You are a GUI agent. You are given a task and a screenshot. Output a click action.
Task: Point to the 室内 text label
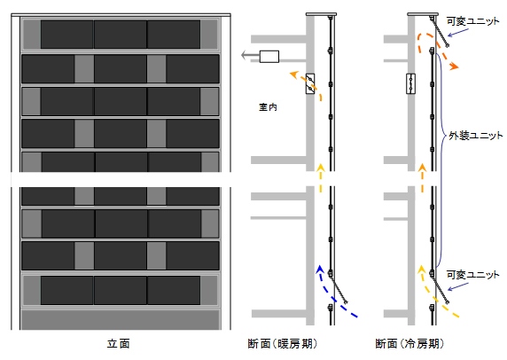tap(268, 106)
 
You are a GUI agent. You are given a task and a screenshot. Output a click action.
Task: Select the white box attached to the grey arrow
tap(269, 57)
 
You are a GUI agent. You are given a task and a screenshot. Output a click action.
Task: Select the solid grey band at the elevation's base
tap(121, 319)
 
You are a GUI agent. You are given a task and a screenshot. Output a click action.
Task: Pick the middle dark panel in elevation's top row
tap(121, 34)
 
